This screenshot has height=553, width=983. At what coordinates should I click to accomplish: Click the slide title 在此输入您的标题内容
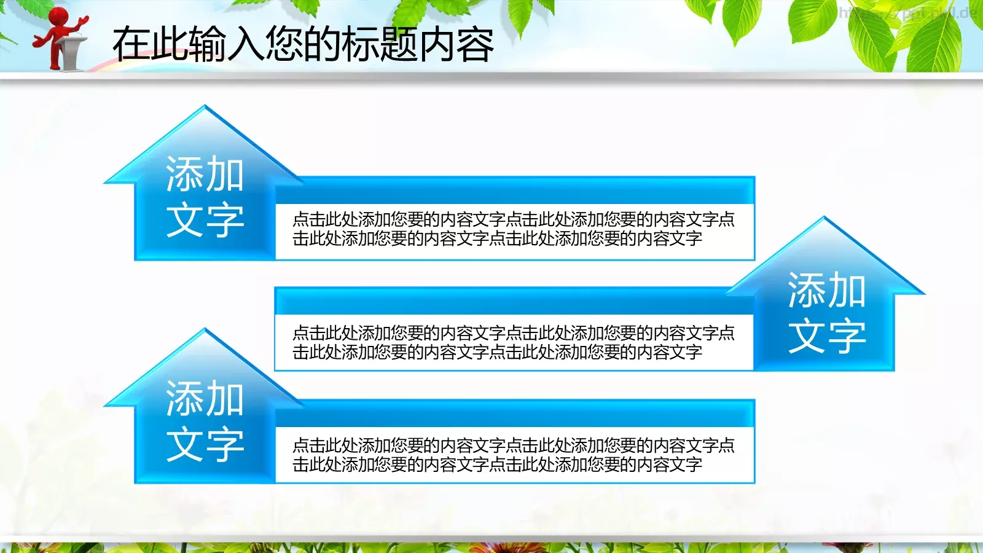point(303,44)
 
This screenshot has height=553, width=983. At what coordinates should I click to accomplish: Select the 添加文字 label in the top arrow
point(205,197)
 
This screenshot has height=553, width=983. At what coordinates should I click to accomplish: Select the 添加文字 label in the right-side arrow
point(827,313)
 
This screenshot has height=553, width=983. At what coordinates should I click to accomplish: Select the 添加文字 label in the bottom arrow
point(205,421)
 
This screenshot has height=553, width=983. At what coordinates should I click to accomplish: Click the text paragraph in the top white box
point(513,229)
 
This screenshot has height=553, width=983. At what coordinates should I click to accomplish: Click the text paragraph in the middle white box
point(513,342)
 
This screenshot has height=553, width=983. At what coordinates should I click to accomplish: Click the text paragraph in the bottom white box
point(513,455)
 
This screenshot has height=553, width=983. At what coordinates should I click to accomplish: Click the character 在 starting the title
point(131,44)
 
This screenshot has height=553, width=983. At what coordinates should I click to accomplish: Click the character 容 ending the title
point(475,44)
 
